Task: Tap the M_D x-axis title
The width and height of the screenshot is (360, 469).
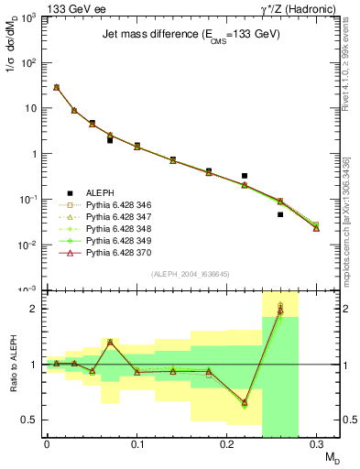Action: (328, 456)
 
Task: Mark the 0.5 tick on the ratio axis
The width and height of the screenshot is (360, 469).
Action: (33, 420)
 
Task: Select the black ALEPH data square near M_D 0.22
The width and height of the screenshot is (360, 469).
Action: (245, 175)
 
